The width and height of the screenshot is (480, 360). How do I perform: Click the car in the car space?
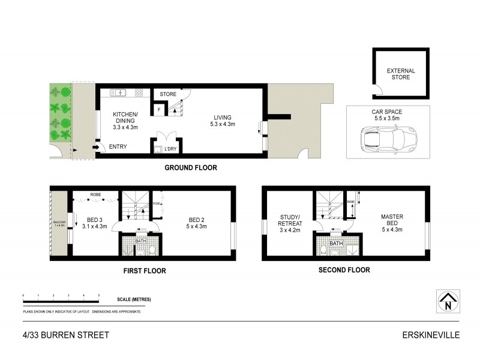[x=387, y=139]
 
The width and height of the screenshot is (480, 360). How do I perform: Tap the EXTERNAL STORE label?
[x=400, y=74]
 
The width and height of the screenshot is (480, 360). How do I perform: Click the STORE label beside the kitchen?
[x=168, y=94]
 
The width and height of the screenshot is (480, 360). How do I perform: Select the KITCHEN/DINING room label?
[x=126, y=121]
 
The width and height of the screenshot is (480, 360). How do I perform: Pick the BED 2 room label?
[x=197, y=223]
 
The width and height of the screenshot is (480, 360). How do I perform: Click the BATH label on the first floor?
[x=140, y=241]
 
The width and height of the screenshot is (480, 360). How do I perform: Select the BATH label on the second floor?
[x=336, y=242]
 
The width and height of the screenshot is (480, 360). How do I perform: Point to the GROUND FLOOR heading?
[x=191, y=168]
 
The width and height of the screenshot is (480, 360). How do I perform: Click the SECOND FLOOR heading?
[x=344, y=270]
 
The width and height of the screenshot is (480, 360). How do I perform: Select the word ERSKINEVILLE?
[x=427, y=335]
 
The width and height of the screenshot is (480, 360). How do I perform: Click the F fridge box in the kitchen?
[x=160, y=110]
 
